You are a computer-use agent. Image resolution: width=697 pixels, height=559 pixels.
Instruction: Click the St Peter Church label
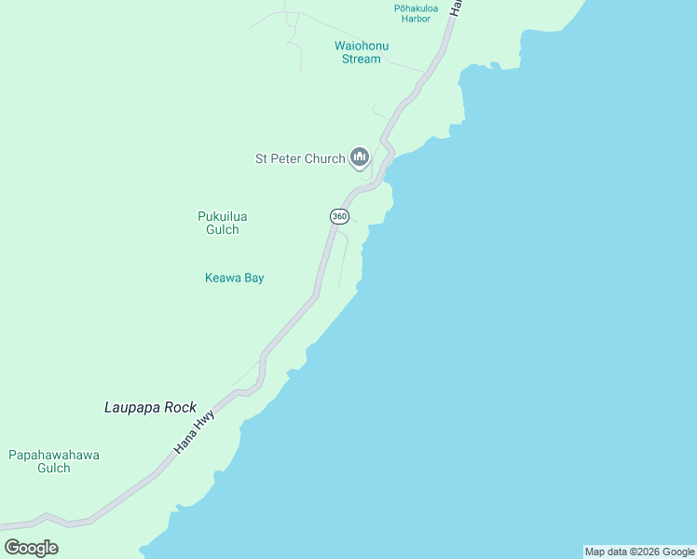[300, 158]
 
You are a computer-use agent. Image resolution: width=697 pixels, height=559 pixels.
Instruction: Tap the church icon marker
[360, 157]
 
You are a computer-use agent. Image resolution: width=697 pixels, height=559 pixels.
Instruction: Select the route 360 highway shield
[339, 216]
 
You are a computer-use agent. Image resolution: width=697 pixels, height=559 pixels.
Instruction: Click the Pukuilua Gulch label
[223, 223]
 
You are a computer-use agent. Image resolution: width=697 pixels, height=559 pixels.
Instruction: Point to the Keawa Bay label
[234, 278]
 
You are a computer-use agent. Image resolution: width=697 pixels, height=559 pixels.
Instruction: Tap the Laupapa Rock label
[150, 407]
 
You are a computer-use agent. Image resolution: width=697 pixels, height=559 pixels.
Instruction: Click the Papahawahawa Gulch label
[54, 461]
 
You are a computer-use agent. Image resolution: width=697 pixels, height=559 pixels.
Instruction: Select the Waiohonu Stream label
[362, 52]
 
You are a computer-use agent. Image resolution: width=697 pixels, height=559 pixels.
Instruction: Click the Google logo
[31, 548]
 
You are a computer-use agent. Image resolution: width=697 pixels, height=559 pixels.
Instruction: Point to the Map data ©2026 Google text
[639, 552]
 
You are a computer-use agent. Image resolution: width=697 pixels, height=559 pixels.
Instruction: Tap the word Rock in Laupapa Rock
[180, 407]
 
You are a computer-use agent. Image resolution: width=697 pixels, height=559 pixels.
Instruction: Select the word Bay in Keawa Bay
[253, 278]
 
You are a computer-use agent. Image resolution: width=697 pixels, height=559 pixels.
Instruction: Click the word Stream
[362, 59]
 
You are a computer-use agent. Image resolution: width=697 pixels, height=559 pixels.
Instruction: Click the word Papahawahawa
[54, 455]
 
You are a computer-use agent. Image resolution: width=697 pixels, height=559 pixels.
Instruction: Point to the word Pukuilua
[223, 216]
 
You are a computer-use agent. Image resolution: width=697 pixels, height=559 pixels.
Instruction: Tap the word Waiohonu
[362, 46]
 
